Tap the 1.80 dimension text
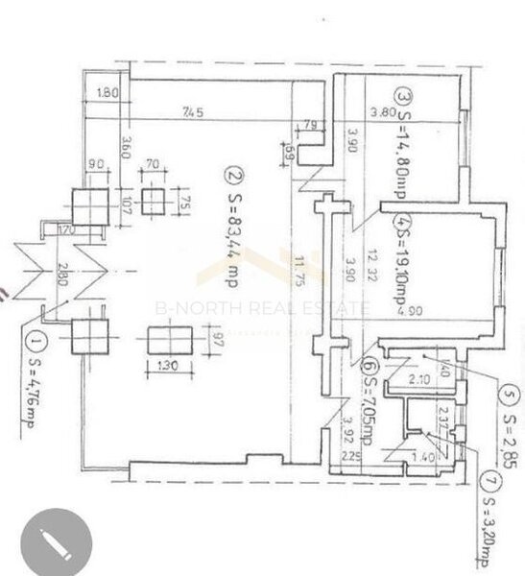pos(107,94)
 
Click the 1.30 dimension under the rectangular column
pos(167,365)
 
